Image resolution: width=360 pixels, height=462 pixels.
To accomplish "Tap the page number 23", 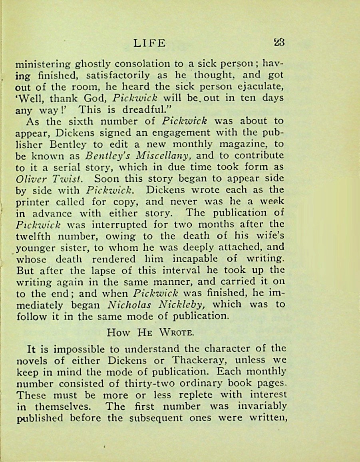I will tap(278, 43).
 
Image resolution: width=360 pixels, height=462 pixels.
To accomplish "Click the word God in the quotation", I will tap(97, 98).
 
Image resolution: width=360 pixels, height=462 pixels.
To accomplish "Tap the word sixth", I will tap(80, 121).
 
